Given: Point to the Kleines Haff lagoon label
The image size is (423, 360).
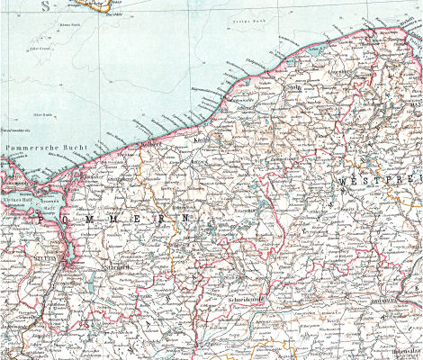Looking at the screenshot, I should (20, 202).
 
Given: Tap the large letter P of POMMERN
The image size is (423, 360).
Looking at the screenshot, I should (42, 218).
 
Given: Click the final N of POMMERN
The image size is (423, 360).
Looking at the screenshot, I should (185, 218).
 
